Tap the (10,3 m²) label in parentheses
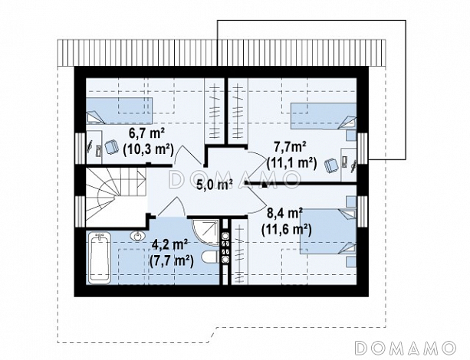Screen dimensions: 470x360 click(149, 149)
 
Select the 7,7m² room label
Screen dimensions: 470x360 click(290, 147)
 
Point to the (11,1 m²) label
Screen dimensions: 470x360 click(291, 162)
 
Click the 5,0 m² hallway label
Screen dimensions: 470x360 click(215, 185)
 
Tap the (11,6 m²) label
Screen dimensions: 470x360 click(287, 230)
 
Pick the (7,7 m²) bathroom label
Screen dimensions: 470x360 click(172, 260)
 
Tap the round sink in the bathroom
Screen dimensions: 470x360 click(137, 236)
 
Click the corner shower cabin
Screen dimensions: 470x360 click(206, 232)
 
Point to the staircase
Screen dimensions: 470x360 click(116, 197)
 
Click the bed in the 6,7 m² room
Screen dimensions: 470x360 click(120, 110)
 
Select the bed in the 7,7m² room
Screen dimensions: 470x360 click(324, 116)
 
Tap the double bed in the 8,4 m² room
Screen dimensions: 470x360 click(328, 231)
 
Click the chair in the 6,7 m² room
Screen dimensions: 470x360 click(111, 147)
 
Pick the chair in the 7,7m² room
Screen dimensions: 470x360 click(331, 165)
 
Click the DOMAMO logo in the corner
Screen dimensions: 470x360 click(406, 348)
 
